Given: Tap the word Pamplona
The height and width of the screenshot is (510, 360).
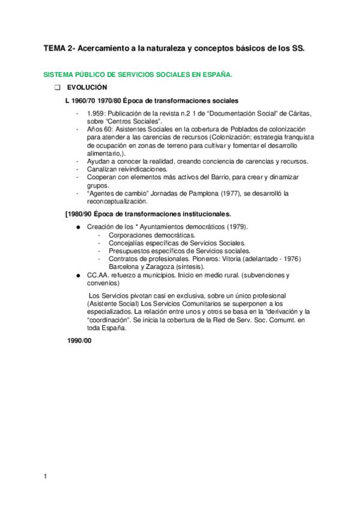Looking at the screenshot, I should (199, 193).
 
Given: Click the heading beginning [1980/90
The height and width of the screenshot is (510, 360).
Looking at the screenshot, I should (147, 214).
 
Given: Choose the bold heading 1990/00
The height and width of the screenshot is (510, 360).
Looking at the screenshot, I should (79, 340).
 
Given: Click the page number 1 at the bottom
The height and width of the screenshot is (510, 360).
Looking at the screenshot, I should (45, 477).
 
